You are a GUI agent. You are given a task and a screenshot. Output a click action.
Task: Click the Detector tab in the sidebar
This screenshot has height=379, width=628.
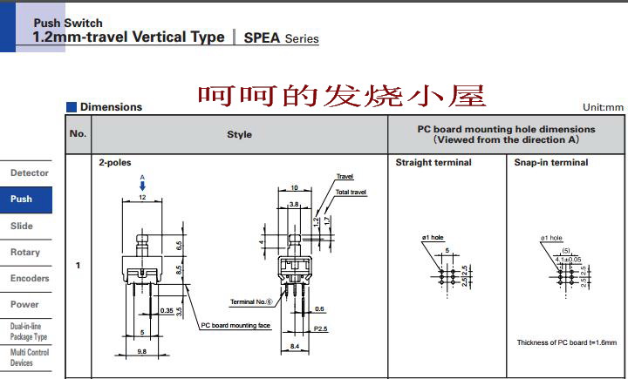29,173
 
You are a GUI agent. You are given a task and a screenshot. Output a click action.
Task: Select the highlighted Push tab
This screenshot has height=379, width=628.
22,200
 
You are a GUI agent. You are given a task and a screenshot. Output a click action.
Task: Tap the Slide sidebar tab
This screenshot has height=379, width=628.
22,226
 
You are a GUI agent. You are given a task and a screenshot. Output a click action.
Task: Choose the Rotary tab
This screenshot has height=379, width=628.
25,252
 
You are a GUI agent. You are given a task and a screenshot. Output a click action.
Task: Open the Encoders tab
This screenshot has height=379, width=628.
29,278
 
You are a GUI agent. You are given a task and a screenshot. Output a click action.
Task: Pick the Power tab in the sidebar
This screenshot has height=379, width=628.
24,304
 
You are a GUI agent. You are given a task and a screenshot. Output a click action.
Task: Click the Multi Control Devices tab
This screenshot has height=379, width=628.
29,357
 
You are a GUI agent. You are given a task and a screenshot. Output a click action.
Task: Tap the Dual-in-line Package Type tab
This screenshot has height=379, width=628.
29,331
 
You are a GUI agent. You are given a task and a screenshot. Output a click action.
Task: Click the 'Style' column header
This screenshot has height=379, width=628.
239,134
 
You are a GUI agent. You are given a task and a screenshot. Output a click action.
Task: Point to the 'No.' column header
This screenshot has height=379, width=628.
78,134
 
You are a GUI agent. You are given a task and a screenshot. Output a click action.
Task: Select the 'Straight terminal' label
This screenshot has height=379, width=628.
433,163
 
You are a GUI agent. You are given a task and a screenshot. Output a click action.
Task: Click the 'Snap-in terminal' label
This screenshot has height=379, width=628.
551,163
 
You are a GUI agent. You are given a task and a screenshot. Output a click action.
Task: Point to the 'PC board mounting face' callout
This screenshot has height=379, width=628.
235,326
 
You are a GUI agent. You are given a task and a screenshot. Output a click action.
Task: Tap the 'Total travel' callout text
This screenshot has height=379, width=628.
352,192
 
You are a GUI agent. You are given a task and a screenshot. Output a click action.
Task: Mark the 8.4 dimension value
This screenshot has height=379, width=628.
294,347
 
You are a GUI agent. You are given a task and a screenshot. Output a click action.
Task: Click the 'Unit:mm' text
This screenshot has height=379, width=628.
604,107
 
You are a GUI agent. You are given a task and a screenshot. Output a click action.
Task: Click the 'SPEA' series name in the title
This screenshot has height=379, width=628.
262,38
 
